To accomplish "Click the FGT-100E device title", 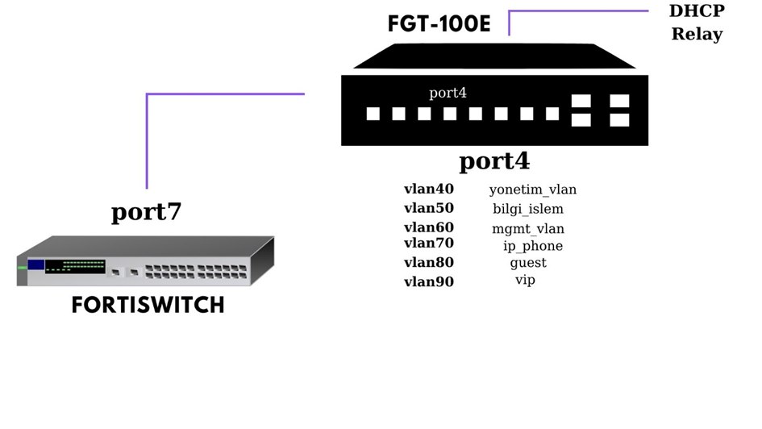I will pos(439,23).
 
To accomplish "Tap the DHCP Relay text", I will pos(697,23).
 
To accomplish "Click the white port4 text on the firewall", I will pos(448,92).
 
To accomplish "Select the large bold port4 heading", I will pos(494,161).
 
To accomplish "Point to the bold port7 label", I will pos(146,212).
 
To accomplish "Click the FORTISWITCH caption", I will pos(148,306).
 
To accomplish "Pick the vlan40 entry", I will pos(429,189).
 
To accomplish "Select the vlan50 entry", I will pos(429,208).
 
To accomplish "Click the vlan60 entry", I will pos(429,227).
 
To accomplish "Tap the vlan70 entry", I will pos(429,243).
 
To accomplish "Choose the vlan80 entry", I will pos(429,262).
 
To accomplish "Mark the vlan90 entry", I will pos(429,281).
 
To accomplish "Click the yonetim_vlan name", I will pos(532,190).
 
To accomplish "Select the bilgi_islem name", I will pos(528,210).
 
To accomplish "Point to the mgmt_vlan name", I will pos(528,229).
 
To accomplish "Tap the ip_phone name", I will pos(533,246).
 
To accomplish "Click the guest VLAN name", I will pos(528,263).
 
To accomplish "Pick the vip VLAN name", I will pos(525,280).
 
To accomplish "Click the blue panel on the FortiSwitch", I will pos(35,264).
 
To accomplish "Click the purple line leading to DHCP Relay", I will pos(577,11).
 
